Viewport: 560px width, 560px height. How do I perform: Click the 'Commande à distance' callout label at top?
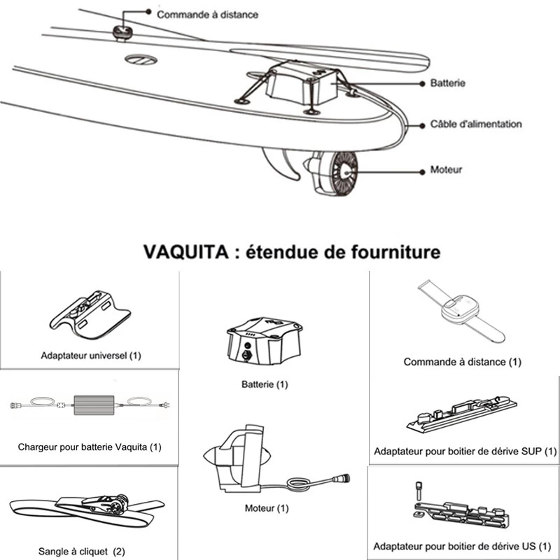[x=206, y=14]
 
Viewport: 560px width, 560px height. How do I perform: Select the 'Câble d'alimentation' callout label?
[x=476, y=124]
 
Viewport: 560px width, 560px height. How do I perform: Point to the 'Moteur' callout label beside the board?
[x=446, y=169]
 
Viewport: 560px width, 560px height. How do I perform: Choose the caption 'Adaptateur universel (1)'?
[x=90, y=356]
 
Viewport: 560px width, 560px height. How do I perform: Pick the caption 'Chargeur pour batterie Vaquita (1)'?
[x=90, y=447]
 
